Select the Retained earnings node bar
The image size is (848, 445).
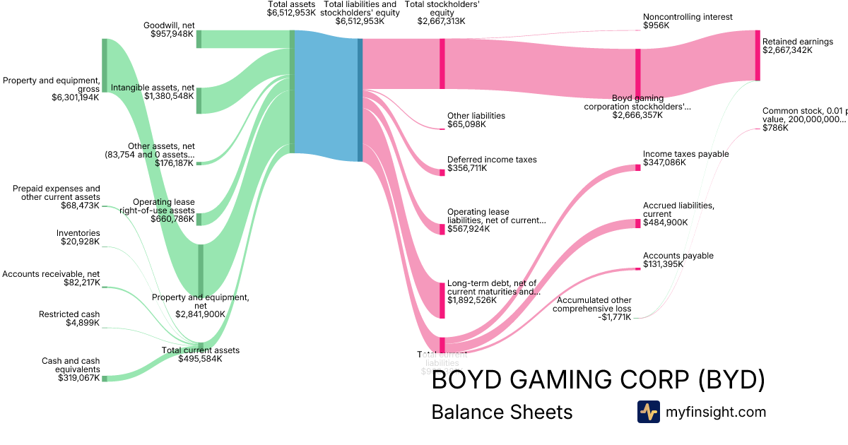coord(758,55)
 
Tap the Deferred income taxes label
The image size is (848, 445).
coord(492,160)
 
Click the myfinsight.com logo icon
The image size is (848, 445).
coord(648,412)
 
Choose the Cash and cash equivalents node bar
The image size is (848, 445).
coord(105,379)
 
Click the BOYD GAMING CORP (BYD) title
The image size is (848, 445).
coord(598,381)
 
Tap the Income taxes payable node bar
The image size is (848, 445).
coord(637,167)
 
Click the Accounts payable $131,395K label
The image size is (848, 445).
coord(678,260)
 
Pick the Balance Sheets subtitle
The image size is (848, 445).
coord(502,413)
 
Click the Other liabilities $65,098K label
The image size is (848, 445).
coord(476,120)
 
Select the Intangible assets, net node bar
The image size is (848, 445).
coord(199,100)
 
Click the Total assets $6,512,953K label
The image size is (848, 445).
coord(291,8)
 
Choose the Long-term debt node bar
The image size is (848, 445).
coord(442,299)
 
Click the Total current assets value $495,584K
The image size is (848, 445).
coord(200,359)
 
